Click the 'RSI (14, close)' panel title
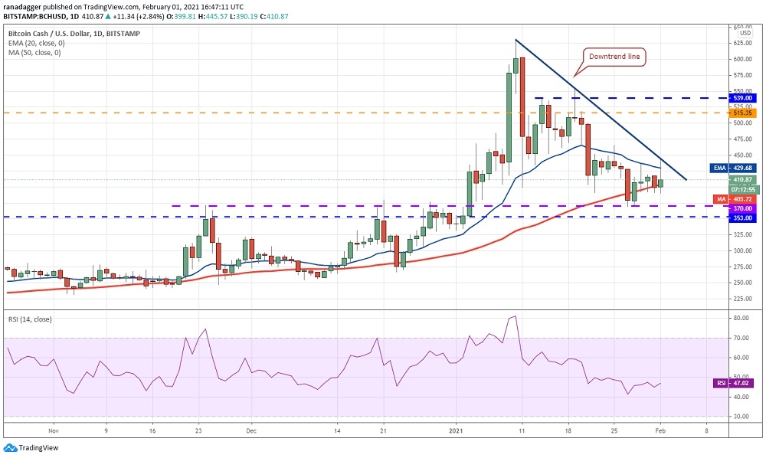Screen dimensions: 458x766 (x=30, y=319)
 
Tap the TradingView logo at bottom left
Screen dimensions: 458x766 (x=31, y=448)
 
